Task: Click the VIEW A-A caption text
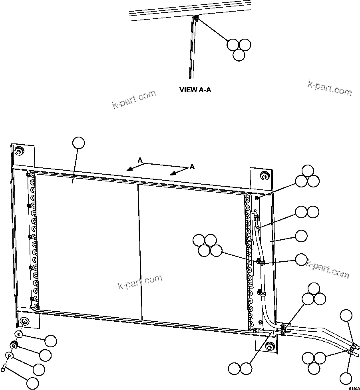tap(195, 90)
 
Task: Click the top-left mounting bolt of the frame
tap(18, 151)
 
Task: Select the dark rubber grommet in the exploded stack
tap(14, 344)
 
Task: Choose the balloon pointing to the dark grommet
tap(45, 354)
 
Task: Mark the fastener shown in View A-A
tap(196, 18)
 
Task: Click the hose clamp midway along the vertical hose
tap(260, 262)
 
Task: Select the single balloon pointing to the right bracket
tap(301, 236)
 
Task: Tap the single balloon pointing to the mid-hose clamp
tap(301, 260)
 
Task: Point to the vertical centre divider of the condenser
tap(140, 252)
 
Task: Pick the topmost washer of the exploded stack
tap(18, 334)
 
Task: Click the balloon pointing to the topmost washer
tap(51, 341)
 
